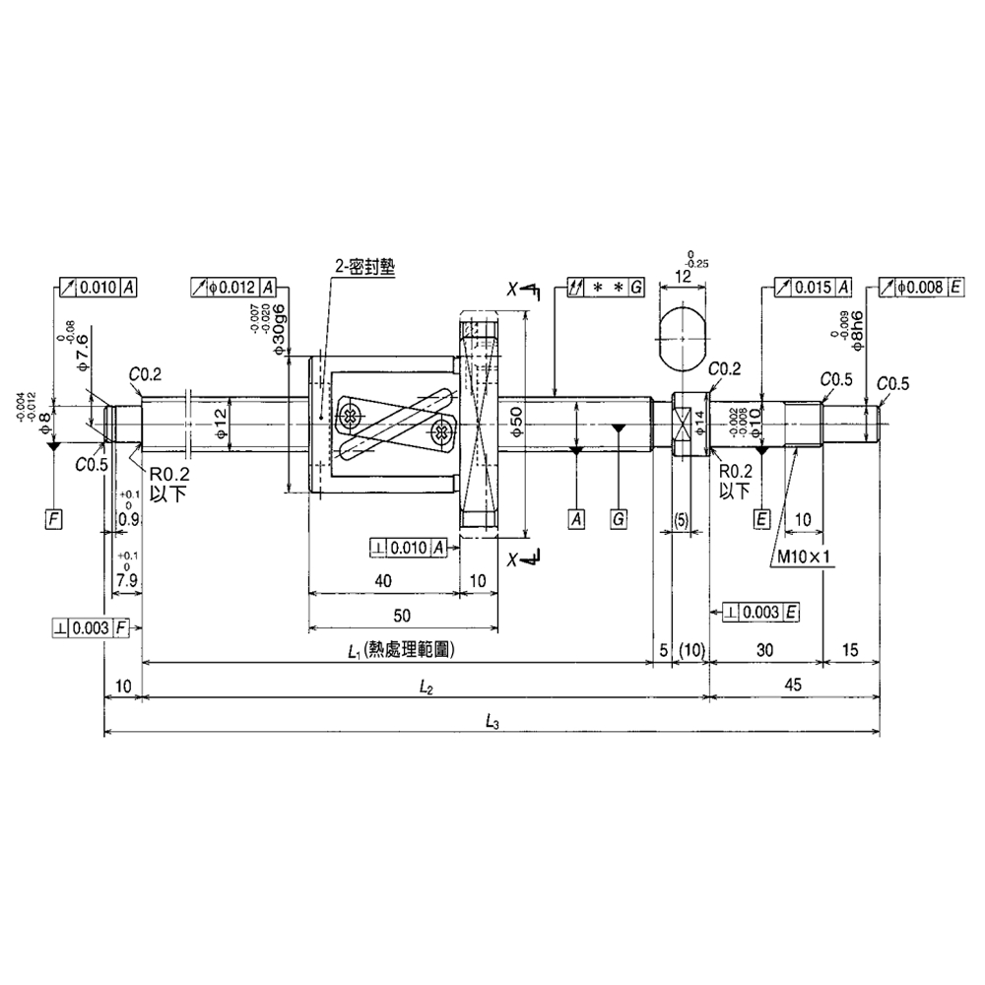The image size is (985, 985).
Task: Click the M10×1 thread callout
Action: (804, 556)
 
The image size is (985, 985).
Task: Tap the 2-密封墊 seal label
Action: (362, 267)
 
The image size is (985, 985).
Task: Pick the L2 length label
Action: (426, 688)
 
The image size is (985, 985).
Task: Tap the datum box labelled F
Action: (54, 516)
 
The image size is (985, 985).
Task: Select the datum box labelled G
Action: (618, 516)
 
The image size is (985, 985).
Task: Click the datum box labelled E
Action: (761, 516)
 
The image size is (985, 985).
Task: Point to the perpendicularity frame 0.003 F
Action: (91, 626)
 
